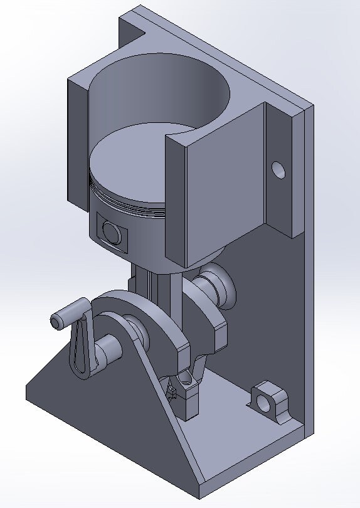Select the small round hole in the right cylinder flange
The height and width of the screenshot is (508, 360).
[x=277, y=169]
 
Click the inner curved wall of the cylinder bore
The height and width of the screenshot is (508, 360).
[x=157, y=88]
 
